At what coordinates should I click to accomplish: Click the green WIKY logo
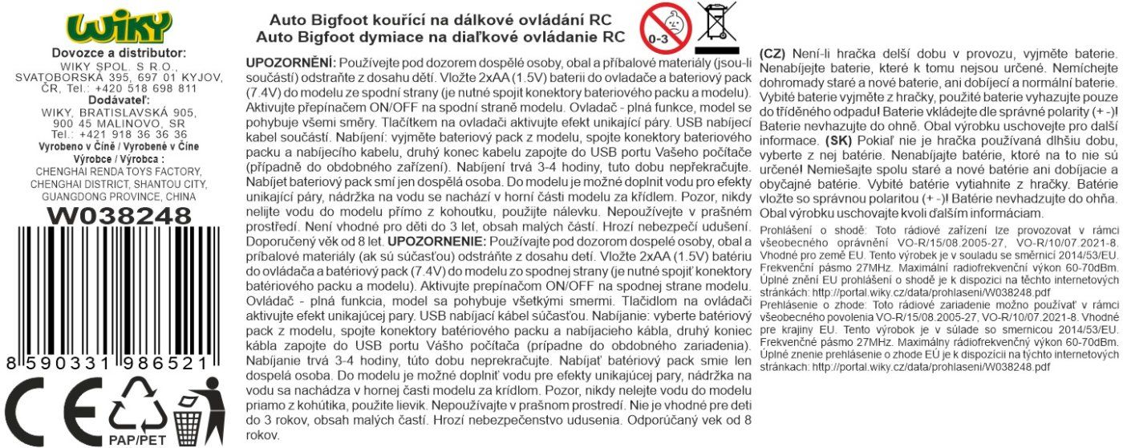pyautogui.click(x=118, y=26)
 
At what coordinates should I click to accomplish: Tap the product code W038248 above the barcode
pyautogui.click(x=119, y=215)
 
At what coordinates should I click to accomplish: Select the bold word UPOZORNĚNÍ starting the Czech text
pyautogui.click(x=290, y=63)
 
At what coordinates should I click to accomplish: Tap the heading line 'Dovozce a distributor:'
pyautogui.click(x=118, y=53)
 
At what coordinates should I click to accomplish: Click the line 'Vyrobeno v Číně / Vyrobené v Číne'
pyautogui.click(x=119, y=146)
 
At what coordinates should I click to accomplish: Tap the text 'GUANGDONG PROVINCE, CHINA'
pyautogui.click(x=118, y=195)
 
